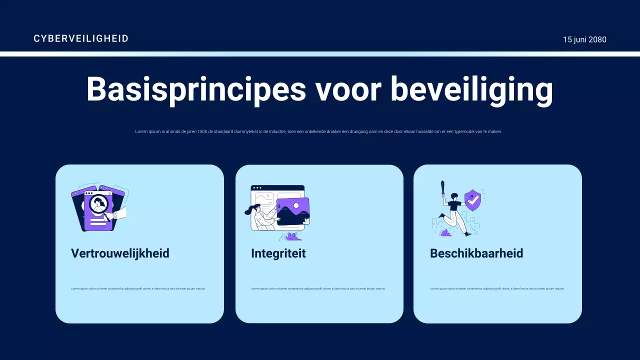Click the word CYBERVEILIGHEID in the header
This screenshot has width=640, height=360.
(x=81, y=38)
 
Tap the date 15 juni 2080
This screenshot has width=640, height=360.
(x=584, y=39)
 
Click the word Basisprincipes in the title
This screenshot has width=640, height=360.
(x=196, y=89)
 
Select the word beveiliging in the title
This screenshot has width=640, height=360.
(x=471, y=89)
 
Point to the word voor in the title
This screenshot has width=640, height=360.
(x=348, y=89)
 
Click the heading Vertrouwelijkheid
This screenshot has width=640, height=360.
(x=120, y=253)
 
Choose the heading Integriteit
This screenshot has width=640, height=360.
(x=278, y=253)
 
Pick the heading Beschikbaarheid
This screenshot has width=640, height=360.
(x=476, y=253)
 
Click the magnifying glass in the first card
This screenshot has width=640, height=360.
(x=99, y=205)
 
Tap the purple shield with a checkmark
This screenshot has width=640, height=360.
(x=472, y=200)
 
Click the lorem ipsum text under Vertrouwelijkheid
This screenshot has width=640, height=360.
(x=138, y=288)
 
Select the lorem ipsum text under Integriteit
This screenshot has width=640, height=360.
(x=318, y=288)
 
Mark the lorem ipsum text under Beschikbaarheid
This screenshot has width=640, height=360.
(x=497, y=288)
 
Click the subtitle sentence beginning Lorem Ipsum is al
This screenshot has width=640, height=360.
(x=318, y=131)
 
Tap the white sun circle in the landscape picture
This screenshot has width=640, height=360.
(x=296, y=205)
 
